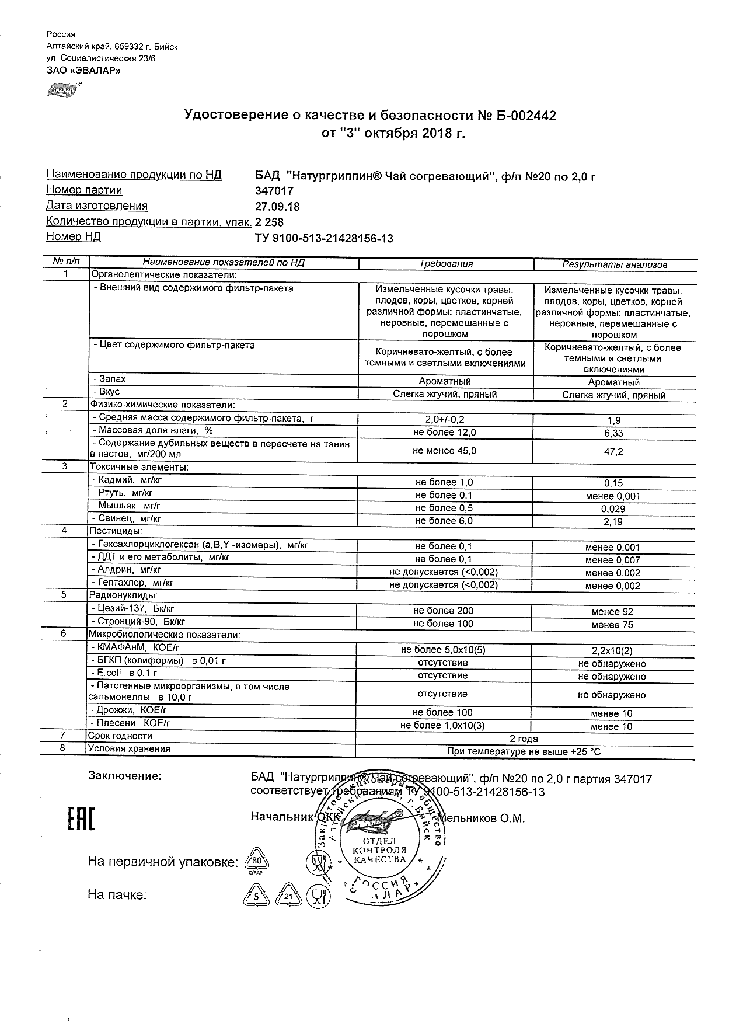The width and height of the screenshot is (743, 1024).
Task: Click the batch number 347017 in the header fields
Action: [274, 190]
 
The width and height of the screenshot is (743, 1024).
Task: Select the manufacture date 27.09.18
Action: [277, 206]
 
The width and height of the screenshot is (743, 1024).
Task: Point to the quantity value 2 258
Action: [269, 222]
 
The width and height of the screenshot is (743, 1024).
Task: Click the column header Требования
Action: [446, 263]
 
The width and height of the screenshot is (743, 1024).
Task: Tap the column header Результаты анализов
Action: [614, 264]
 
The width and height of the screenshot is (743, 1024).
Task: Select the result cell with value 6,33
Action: [613, 433]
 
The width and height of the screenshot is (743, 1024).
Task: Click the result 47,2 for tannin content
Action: [613, 451]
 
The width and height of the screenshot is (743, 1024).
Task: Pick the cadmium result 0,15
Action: [613, 483]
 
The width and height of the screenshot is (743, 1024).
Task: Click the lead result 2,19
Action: [613, 521]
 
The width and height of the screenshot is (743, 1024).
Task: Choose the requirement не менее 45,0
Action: [444, 451]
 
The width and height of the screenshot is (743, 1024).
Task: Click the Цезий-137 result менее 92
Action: [612, 612]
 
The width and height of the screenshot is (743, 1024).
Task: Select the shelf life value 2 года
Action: [524, 739]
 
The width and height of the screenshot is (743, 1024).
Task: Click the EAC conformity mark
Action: [81, 818]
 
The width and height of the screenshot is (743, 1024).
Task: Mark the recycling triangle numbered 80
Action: [256, 861]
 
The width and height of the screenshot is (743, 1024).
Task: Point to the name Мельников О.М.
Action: [482, 818]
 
